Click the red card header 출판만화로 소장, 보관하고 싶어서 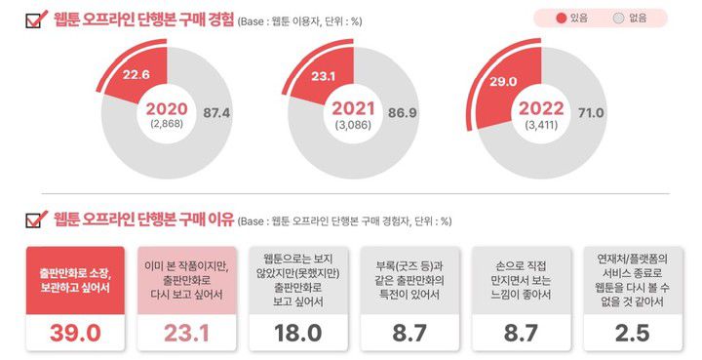tap(74, 278)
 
